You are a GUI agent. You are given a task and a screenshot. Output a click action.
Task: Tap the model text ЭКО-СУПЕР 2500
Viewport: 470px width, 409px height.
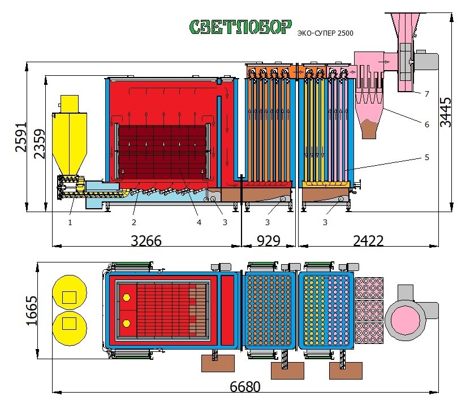pyautogui.click(x=325, y=34)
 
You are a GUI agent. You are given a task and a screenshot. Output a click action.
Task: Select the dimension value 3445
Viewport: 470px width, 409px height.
pyautogui.click(x=446, y=113)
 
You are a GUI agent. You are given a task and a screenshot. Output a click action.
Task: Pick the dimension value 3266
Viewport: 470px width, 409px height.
pyautogui.click(x=146, y=240)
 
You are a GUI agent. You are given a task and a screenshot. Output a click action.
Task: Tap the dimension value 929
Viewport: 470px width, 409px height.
pyautogui.click(x=269, y=240)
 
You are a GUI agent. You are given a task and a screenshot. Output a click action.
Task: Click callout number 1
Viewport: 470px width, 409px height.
pyautogui.click(x=70, y=222)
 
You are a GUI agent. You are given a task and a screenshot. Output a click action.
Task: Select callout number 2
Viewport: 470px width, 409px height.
pyautogui.click(x=133, y=222)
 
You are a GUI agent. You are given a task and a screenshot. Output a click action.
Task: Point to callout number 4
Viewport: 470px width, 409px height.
pyautogui.click(x=199, y=222)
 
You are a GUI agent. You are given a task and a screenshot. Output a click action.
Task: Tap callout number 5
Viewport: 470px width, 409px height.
pyautogui.click(x=426, y=157)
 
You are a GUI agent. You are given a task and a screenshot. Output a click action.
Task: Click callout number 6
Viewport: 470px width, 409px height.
pyautogui.click(x=426, y=124)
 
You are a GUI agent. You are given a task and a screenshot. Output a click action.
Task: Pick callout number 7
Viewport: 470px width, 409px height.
pyautogui.click(x=426, y=94)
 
